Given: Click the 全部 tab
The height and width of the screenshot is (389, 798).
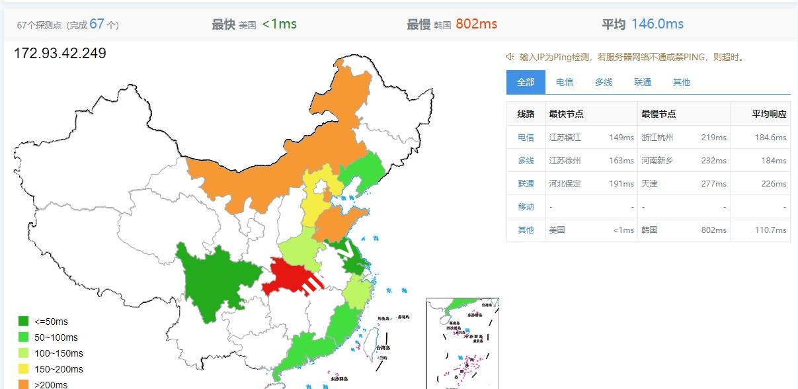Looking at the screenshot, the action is [526, 82].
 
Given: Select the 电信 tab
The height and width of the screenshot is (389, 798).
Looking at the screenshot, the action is [565, 82].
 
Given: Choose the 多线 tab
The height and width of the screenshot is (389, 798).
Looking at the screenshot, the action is [604, 82].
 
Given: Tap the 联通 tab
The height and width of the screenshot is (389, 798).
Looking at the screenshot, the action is [643, 82].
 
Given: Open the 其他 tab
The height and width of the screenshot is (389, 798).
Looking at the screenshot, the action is [682, 82].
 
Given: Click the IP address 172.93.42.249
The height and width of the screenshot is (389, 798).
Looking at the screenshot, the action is [60, 53].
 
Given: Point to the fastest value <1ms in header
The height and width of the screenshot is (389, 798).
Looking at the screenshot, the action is [279, 24].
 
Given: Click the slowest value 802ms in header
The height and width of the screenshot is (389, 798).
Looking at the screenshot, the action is [476, 24].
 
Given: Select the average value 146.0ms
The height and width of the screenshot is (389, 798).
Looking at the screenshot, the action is [657, 24].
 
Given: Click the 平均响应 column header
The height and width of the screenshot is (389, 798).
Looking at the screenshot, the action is [769, 114].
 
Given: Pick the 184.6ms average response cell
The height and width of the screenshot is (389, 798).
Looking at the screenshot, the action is [771, 138].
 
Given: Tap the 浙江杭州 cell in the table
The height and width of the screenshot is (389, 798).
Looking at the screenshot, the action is [657, 138].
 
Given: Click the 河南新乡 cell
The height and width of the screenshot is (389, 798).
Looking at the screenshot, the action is [657, 161].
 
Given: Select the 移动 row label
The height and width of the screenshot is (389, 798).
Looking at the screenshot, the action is [526, 207].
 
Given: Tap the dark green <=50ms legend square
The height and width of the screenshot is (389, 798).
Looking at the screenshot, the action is [24, 322].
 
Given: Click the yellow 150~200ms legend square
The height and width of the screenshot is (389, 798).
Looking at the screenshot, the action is [24, 369].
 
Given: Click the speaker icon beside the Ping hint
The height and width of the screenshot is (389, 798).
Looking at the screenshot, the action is [510, 57].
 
